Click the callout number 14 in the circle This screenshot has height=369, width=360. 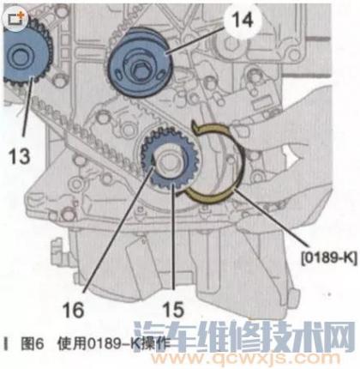click(242, 20)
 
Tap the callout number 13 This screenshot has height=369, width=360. click(19, 156)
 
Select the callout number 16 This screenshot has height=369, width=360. click(74, 310)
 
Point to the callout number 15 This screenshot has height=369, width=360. click(173, 310)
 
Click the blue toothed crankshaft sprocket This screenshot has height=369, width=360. click(170, 160)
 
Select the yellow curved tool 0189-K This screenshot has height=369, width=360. click(217, 161)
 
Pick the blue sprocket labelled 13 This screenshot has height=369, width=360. click(27, 55)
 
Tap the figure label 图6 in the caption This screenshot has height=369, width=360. click(32, 344)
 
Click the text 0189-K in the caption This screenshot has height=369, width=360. click(111, 344)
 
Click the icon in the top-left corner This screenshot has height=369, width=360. click(16, 19)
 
